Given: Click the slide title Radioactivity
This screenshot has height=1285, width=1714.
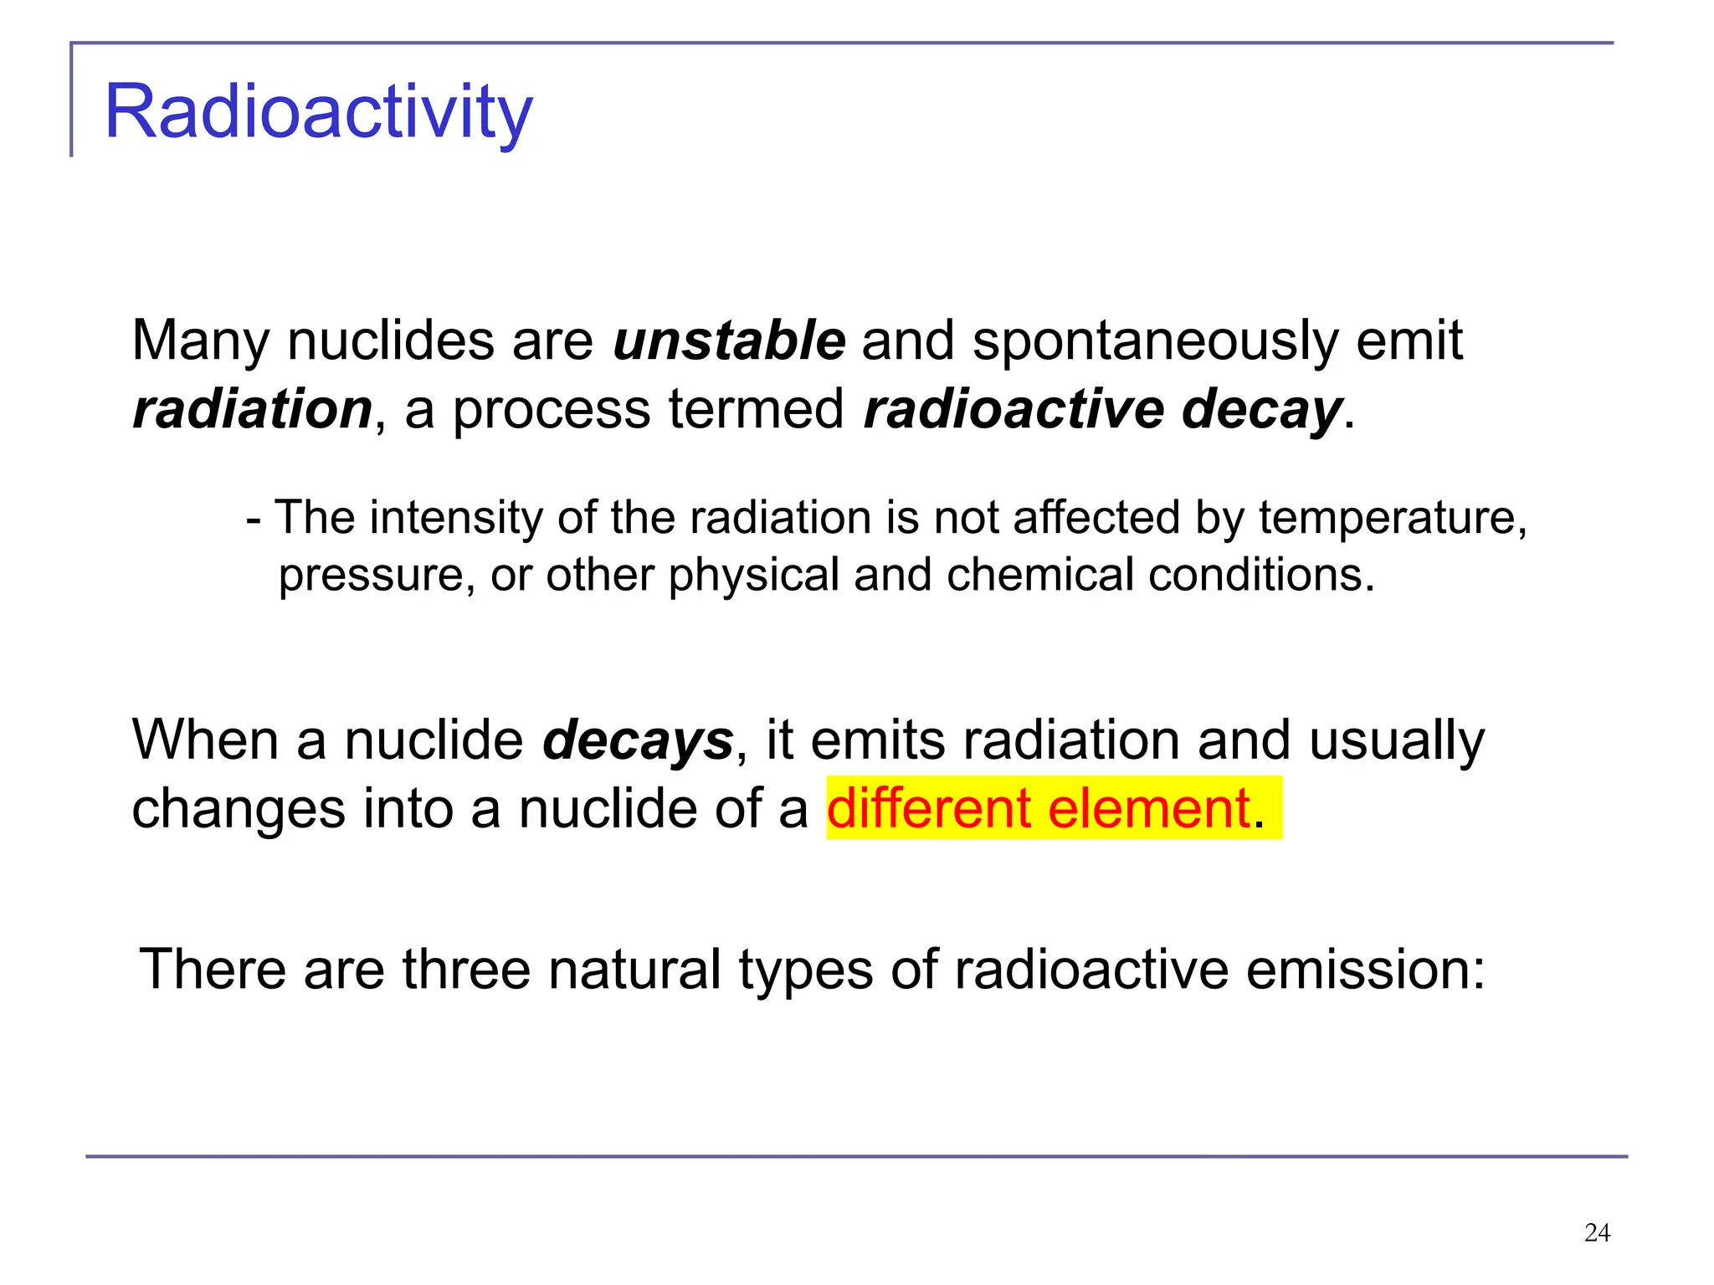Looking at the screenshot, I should (x=318, y=112).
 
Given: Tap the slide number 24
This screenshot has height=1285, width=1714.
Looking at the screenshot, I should (x=1597, y=1232).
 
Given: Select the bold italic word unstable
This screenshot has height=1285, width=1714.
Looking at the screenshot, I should (x=729, y=340).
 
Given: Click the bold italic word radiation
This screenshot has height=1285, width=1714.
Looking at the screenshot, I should (x=252, y=409).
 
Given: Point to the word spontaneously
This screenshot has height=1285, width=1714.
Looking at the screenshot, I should (x=1155, y=341).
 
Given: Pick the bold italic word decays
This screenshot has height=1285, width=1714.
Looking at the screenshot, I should (x=638, y=740).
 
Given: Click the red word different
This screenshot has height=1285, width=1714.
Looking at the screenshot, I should (x=929, y=808).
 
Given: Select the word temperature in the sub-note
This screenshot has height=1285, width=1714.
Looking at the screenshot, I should (x=1393, y=518).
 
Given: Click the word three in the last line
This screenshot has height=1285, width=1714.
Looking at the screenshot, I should (x=466, y=969).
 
